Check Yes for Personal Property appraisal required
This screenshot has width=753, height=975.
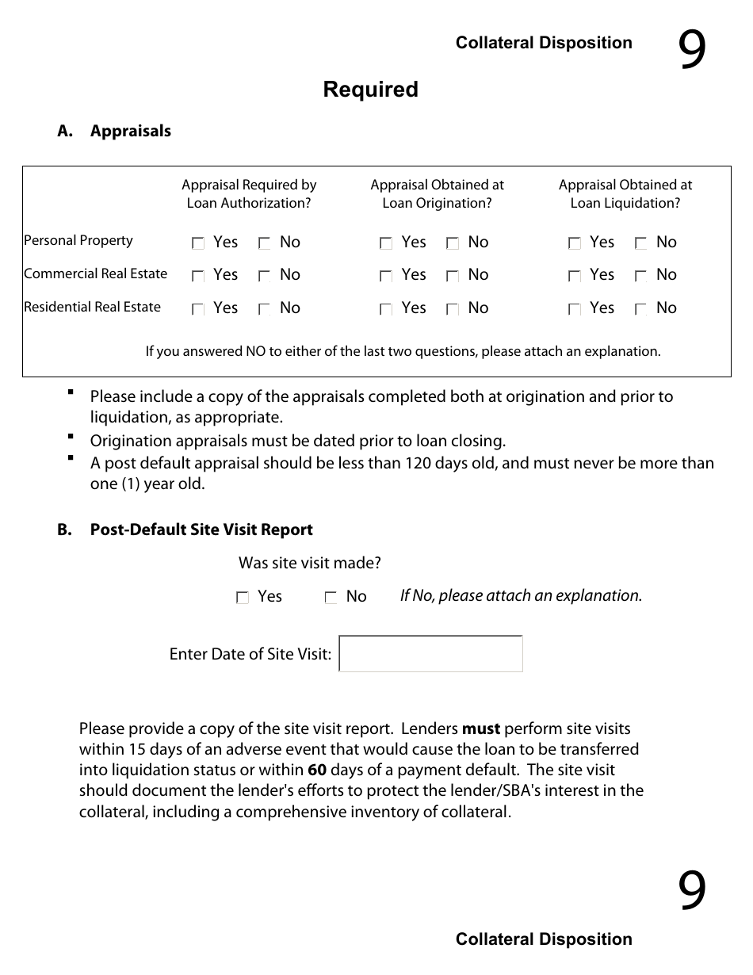tap(198, 244)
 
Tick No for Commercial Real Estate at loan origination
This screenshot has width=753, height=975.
tap(453, 277)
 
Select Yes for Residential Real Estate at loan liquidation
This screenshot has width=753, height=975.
tap(575, 310)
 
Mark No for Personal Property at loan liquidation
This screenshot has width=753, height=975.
tap(641, 244)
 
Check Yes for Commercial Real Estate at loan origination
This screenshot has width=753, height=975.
tap(386, 277)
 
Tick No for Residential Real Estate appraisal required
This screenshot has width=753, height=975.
tap(265, 310)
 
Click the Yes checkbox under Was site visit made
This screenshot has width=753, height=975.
tap(243, 598)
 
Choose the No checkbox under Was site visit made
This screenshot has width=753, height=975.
tap(331, 598)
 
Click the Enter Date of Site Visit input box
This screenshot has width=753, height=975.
tap(430, 654)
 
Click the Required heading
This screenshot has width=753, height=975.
tap(370, 90)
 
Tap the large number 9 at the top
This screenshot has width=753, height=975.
tap(691, 52)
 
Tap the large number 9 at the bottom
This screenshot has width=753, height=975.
tap(691, 891)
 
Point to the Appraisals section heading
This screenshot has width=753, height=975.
tap(130, 132)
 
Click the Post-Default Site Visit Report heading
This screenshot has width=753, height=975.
tap(201, 530)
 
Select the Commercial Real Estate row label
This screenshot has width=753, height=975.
tap(95, 274)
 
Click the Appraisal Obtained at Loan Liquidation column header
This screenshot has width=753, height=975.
tap(625, 194)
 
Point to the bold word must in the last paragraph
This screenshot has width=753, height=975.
tap(480, 728)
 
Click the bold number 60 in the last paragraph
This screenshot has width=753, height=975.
tap(317, 770)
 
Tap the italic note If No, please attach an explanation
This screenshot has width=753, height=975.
tap(521, 596)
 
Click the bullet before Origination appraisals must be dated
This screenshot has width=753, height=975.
tap(71, 437)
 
